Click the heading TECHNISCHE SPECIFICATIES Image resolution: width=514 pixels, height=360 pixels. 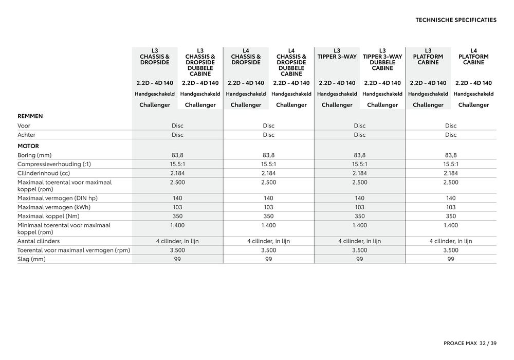pos(455,20)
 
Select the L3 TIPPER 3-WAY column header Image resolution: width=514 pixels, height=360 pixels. pos(337,53)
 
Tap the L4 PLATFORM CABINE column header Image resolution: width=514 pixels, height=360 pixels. pos(473,57)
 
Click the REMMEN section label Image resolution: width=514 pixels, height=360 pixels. pos(30,116)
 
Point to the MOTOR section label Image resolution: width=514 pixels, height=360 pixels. pos(28,146)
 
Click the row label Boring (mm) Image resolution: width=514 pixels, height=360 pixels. pos(35,155)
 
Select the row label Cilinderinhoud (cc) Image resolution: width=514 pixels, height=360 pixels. pos(43,173)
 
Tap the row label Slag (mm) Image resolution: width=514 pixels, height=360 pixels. pos(31,259)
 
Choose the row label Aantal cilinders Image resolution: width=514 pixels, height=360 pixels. pos(39,241)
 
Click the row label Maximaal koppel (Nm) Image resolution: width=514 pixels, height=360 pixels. pos(49,216)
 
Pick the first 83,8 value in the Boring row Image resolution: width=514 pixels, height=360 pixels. pos(177,155)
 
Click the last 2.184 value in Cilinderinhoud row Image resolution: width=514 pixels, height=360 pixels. pos(451,173)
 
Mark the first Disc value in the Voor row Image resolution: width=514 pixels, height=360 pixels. pos(177,125)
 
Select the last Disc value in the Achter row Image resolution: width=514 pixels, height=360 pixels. pos(451,135)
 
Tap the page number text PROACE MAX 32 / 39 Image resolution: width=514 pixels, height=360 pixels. pos(463,343)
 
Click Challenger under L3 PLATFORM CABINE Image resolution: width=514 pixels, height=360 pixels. pos(428,105)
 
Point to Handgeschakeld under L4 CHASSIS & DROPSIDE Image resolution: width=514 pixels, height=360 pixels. pos(246,94)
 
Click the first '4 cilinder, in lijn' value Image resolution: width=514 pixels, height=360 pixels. pos(177,241)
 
